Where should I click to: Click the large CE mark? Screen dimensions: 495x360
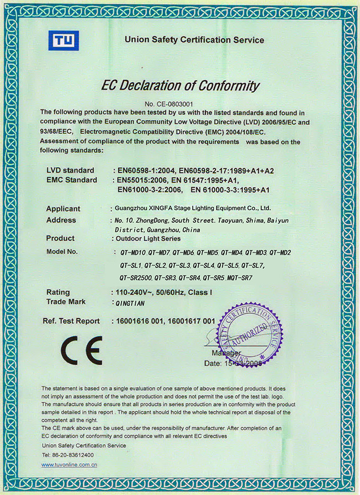click(x=81, y=349)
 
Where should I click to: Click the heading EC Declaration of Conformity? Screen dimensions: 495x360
click(x=179, y=86)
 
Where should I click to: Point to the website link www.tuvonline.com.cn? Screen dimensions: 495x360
click(x=70, y=465)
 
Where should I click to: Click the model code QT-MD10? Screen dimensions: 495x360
click(x=133, y=252)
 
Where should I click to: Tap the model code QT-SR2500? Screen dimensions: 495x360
click(x=136, y=278)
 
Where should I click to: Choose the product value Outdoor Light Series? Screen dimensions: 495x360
click(x=146, y=238)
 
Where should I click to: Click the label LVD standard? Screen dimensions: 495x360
click(x=70, y=171)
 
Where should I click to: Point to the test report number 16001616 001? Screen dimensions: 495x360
click(x=140, y=321)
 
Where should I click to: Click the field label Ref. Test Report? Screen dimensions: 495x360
click(x=71, y=321)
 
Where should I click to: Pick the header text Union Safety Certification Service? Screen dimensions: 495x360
click(x=194, y=40)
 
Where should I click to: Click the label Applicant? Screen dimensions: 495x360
click(x=63, y=209)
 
